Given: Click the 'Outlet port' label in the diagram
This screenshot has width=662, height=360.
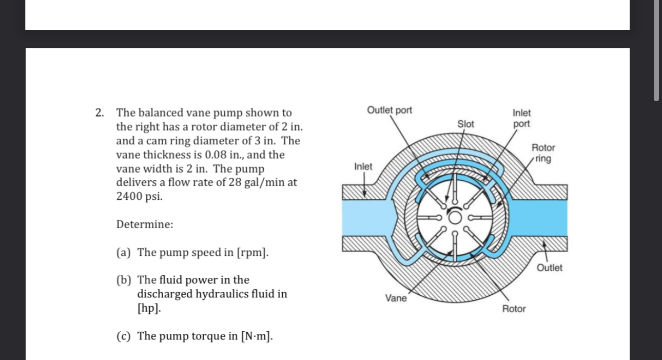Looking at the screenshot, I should (390, 110).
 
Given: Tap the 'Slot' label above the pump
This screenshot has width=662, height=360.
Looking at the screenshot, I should (465, 124).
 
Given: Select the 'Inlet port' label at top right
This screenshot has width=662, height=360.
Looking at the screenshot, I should (522, 118).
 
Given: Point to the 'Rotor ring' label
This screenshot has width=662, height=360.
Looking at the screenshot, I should (542, 153).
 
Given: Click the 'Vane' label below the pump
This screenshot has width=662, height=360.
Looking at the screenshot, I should (396, 298).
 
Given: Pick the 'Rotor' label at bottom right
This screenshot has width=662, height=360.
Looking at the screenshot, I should (514, 309).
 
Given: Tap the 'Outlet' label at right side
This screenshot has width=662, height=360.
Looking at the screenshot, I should (549, 268).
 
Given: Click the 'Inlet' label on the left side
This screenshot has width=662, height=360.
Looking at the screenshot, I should (363, 166).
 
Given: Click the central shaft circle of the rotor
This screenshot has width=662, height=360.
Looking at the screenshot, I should (455, 218).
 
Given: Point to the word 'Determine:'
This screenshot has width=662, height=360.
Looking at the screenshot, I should (145, 224).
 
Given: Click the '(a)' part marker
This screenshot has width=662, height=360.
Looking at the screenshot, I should (124, 252).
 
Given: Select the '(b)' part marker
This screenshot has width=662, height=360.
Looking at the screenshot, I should (124, 280).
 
